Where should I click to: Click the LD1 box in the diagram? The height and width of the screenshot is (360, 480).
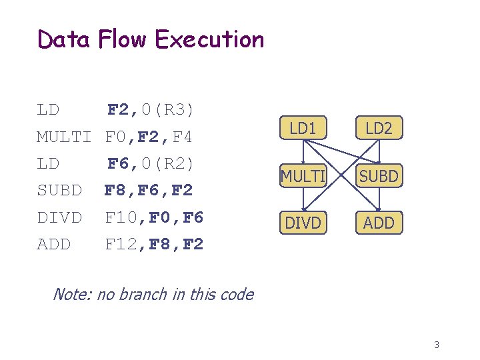pos(303,129)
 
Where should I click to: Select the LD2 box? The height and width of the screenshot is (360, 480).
pos(379,129)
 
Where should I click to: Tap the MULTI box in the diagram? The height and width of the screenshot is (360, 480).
pos(303,176)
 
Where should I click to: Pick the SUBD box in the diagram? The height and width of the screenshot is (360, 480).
pos(379,176)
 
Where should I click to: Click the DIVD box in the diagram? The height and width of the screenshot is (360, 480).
pos(303,223)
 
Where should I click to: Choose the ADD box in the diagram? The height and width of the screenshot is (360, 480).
pos(379,223)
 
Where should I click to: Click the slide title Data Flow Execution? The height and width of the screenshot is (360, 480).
pos(151,39)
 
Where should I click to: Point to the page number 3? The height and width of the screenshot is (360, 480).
pos(437,345)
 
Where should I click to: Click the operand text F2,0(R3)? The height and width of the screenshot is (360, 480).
pos(151,109)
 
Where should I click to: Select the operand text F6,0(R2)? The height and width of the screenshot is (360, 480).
pos(151,163)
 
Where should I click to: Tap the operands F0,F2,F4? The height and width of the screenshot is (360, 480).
pos(149,137)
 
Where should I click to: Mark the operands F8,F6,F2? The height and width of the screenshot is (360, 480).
pos(149,191)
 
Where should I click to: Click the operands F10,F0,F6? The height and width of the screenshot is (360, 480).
pos(154,217)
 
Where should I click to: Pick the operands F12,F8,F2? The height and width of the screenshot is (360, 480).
pos(154,245)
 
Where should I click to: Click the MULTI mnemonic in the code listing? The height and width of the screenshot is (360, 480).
pos(64,137)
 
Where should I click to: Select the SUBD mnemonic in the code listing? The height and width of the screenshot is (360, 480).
pos(59,191)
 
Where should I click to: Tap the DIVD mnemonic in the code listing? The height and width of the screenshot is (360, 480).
pos(59,217)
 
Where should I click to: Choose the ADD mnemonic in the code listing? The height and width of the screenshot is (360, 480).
pos(53,245)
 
